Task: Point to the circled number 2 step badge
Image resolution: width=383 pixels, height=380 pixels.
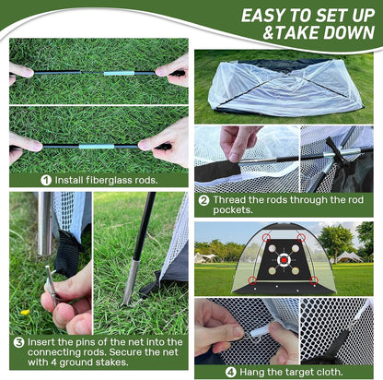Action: coord(203,199)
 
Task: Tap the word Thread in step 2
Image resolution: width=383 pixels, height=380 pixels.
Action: coord(230,199)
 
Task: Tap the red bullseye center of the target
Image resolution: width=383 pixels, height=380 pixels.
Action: coord(284,259)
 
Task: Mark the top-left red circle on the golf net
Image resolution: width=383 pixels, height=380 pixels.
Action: coord(267,238)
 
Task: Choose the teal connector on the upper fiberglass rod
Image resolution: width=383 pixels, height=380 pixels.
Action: coord(114,73)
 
